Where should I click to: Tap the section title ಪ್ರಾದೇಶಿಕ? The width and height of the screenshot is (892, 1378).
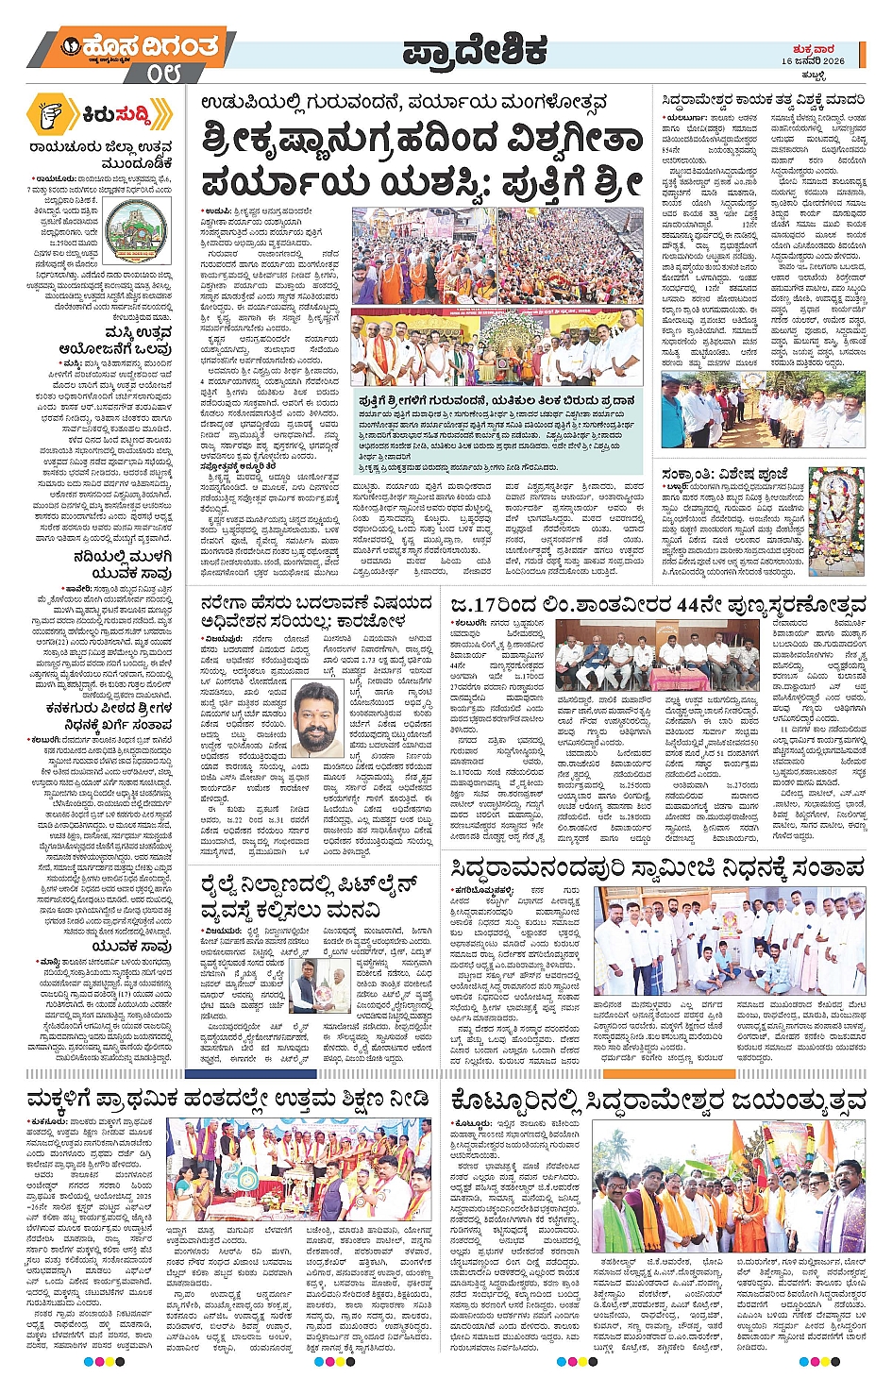[x=474, y=51]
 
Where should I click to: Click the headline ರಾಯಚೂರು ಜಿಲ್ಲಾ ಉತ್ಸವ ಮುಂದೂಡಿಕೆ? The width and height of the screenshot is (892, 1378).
[x=100, y=155]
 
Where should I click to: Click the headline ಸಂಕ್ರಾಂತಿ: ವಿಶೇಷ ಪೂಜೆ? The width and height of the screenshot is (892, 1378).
[x=725, y=474]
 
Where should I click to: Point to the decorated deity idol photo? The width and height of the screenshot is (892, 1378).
[x=835, y=522]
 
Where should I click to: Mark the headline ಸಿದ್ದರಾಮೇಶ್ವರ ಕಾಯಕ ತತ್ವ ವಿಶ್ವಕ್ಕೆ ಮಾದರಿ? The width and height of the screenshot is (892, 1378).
[x=763, y=99]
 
